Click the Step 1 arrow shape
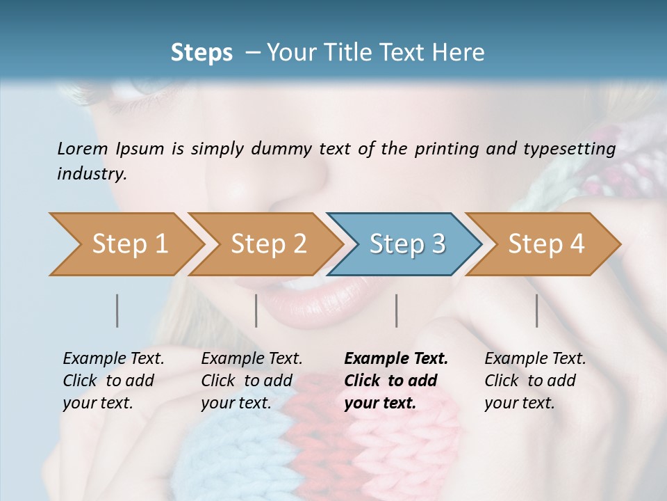tap(129, 244)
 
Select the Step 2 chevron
tap(268, 244)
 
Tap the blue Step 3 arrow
tap(407, 244)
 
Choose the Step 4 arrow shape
tap(546, 244)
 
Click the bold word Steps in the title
tap(201, 53)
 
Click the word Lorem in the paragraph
tap(83, 148)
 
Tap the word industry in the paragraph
tap(91, 174)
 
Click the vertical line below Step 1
tap(117, 310)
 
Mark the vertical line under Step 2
tap(256, 310)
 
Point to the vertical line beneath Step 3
tap(396, 310)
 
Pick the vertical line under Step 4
tap(537, 310)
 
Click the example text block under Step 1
tap(113, 381)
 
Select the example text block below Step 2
tap(252, 381)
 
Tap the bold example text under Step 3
tap(396, 381)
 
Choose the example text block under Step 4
tap(535, 381)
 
